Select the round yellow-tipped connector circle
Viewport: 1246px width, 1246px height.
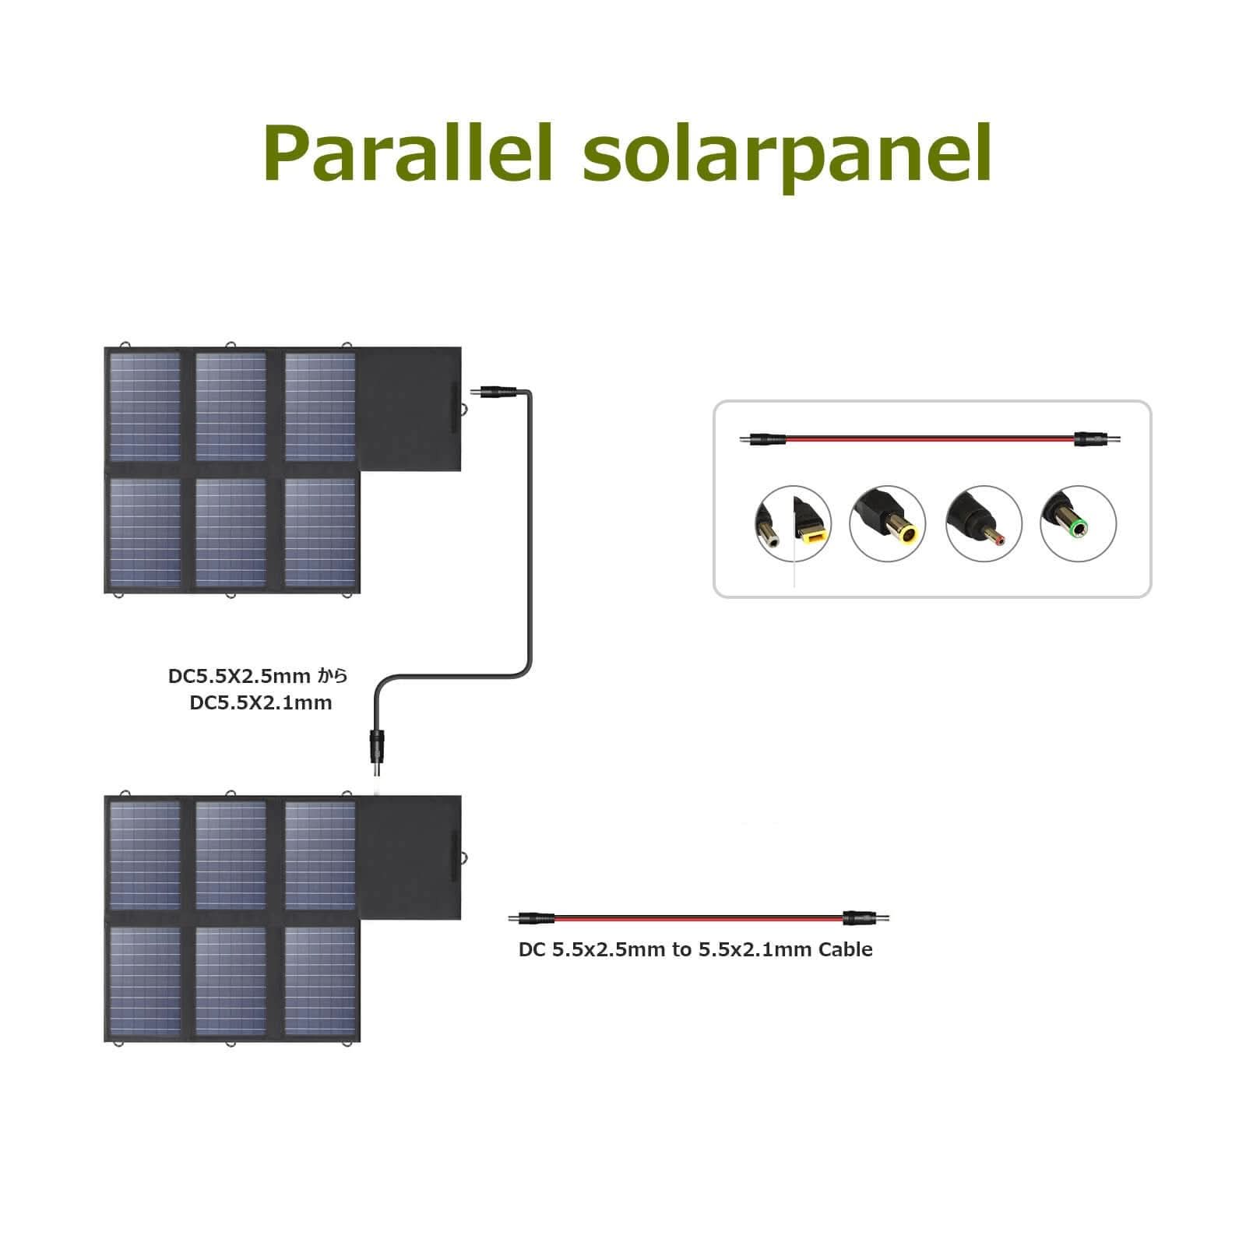(887, 523)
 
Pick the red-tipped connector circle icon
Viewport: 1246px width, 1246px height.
(983, 523)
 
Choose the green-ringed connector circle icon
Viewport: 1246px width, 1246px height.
(1078, 523)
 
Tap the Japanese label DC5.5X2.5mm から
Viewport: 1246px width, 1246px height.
(258, 676)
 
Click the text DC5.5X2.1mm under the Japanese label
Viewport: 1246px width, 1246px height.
(261, 703)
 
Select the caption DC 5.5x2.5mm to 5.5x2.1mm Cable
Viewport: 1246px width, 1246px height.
(695, 949)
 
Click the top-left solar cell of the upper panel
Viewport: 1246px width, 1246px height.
(145, 407)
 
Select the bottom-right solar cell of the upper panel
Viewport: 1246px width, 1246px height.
(320, 533)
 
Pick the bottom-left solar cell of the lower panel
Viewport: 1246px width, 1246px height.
(145, 981)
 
